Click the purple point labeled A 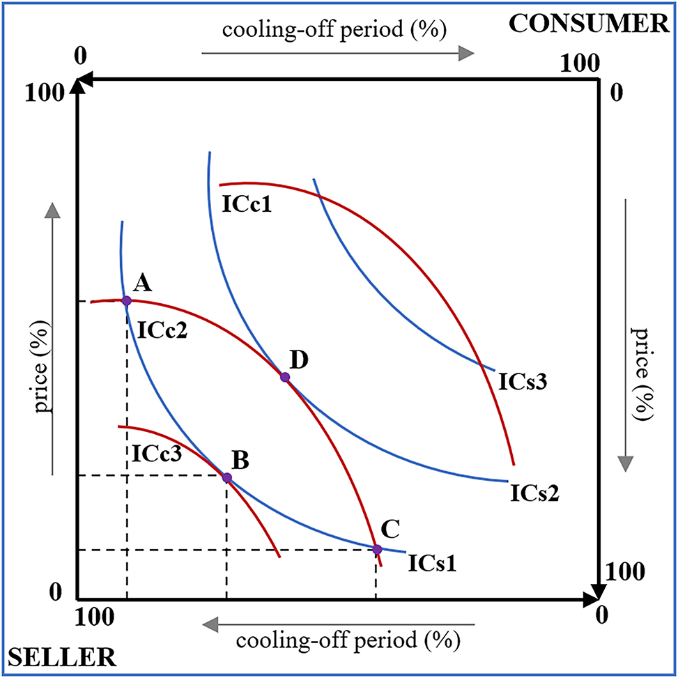coord(126,300)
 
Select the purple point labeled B coord(226,477)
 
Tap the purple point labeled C coord(377,549)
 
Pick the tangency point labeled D coord(284,377)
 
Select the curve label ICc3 coord(156,454)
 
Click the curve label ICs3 coord(523,382)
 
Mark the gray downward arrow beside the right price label coord(626,334)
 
